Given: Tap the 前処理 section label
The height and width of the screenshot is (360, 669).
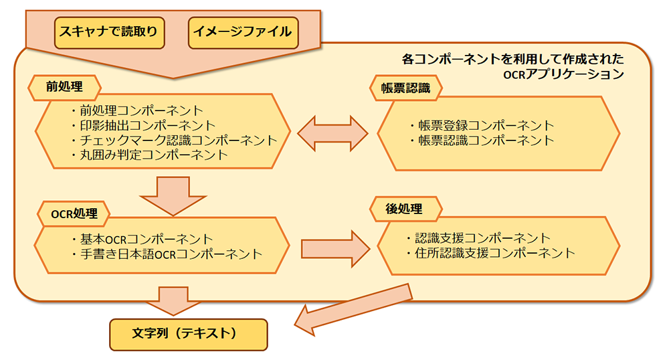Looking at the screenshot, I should click(64, 86).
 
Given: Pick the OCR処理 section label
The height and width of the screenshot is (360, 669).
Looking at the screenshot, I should click(74, 213).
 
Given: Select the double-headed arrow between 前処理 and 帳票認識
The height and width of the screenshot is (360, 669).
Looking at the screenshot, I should click(332, 132).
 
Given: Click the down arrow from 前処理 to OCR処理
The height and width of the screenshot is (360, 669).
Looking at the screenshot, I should click(173, 194).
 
